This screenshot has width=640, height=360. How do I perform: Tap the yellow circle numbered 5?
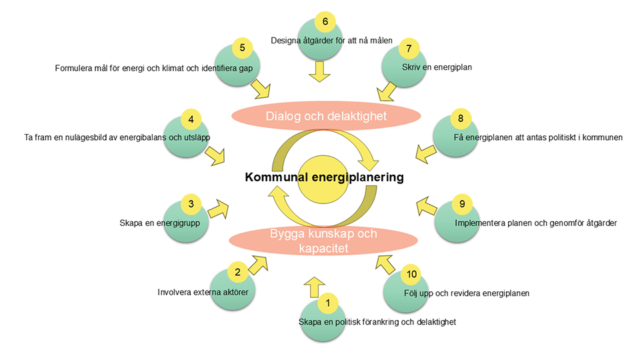coord(243,48)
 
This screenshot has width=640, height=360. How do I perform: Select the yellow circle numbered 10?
coord(412,274)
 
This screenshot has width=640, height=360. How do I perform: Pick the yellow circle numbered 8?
coord(459,119)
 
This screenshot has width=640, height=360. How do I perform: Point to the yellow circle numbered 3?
coord(191,205)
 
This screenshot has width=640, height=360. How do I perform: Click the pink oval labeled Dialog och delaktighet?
coord(326,116)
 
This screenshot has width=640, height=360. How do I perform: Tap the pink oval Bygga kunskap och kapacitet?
coord(323,241)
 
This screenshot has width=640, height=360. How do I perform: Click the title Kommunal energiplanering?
coord(324,177)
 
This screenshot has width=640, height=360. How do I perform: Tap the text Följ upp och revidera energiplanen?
coord(467,293)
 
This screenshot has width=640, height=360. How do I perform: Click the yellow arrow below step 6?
coord(321,71)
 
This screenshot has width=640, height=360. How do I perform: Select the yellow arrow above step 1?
coord(313,287)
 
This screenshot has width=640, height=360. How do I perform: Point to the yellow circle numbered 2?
coord(237,272)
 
